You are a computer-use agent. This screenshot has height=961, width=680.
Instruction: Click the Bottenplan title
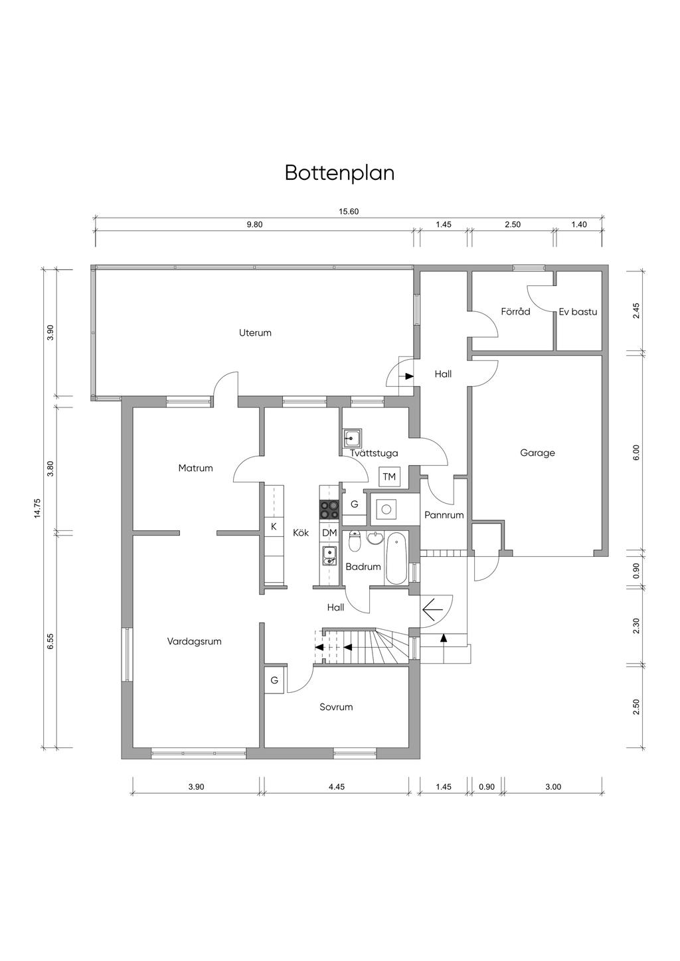[339, 173]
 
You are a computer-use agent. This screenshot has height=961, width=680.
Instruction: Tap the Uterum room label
[255, 333]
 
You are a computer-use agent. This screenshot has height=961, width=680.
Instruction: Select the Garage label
[537, 453]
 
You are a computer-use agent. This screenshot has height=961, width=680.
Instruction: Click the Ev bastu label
[578, 311]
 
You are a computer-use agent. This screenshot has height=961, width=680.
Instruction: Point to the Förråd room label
[515, 311]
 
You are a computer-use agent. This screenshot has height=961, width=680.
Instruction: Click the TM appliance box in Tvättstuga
[388, 477]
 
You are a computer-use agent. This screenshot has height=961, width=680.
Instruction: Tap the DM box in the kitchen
[329, 533]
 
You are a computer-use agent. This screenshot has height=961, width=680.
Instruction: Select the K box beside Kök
[274, 527]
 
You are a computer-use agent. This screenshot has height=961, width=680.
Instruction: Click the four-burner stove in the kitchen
[329, 509]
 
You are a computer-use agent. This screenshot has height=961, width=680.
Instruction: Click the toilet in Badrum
[355, 542]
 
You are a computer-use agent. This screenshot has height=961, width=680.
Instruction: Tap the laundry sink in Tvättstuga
[352, 439]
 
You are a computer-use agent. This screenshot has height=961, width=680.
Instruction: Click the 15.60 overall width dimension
[349, 212]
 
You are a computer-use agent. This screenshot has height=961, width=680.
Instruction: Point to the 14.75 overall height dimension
[38, 508]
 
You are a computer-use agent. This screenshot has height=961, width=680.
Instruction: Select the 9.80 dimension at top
[255, 225]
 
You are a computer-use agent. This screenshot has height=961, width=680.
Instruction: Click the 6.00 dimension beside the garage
[636, 453]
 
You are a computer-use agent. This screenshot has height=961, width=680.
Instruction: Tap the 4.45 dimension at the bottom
[337, 786]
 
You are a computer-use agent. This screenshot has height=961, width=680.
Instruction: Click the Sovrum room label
[336, 707]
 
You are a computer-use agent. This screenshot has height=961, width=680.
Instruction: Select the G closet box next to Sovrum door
[274, 680]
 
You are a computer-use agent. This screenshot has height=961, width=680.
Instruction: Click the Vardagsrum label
[194, 642]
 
